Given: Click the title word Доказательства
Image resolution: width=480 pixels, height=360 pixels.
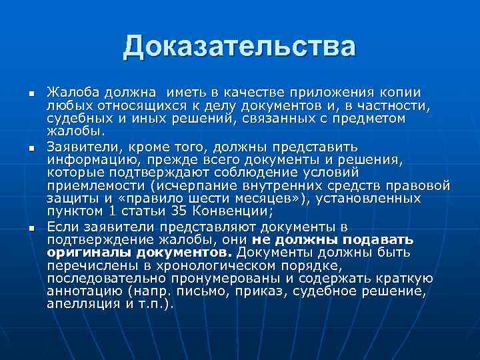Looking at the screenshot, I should pos(239,47).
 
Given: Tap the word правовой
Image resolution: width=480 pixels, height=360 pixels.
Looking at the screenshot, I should pos(420,185).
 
